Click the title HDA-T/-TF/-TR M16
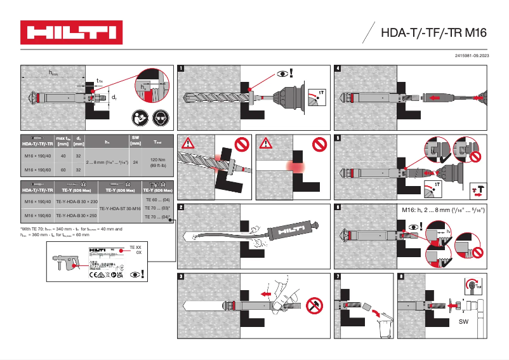433,33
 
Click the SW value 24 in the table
135,163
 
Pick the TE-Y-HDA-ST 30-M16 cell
121,208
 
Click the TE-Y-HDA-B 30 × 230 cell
76,201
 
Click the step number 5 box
338,138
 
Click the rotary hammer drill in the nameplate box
69,264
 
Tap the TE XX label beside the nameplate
135,246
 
